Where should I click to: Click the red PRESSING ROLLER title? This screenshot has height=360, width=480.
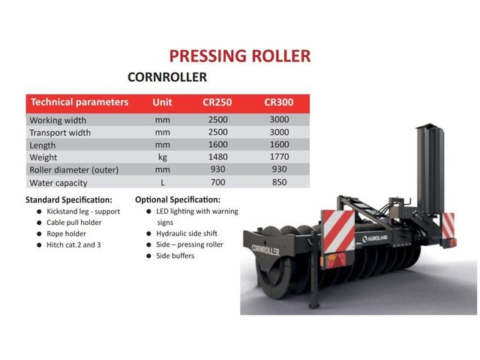coord(240,56)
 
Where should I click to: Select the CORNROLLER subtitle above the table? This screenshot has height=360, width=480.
coord(167,77)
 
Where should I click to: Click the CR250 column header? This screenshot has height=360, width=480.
coord(217,102)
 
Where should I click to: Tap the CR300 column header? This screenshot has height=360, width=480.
coord(279,102)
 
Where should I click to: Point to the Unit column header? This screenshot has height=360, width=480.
coord(162,102)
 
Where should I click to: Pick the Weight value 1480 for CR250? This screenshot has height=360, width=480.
coord(218,157)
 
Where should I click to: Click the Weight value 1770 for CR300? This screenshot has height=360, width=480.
coord(280,157)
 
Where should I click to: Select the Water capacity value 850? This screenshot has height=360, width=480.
coord(280,182)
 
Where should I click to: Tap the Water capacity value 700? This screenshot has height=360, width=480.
coord(218,182)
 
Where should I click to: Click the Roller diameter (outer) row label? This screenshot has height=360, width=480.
coord(73,170)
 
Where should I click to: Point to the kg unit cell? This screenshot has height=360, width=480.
coord(163,157)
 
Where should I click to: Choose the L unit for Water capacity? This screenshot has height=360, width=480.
coord(163,183)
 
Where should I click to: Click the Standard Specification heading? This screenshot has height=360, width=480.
coord(69,200)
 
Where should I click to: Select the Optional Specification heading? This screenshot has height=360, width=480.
coord(178,200)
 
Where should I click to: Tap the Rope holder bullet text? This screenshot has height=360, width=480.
coord(66,234)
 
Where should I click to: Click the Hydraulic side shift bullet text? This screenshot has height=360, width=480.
coord(187,233)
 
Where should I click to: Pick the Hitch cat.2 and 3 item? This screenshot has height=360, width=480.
coord(73,245)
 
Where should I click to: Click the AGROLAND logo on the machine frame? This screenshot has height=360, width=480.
coord(375,238)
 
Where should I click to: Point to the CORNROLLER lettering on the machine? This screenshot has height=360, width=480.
coord(265,250)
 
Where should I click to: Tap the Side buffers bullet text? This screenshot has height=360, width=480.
coord(175,256)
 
